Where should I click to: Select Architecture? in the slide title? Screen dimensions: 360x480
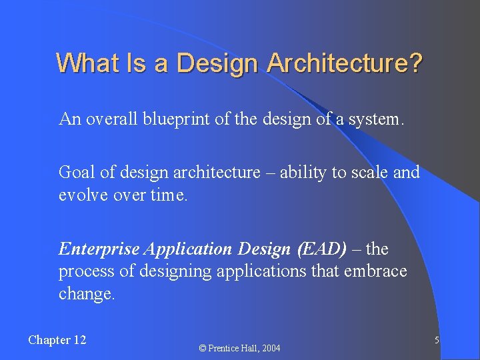pyautogui.click(x=345, y=63)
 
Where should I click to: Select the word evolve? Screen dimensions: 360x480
pyautogui.click(x=81, y=196)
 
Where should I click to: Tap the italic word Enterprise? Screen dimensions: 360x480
pyautogui.click(x=99, y=249)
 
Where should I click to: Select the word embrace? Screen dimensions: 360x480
pyautogui.click(x=376, y=272)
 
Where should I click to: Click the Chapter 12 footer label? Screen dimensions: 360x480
pyautogui.click(x=57, y=340)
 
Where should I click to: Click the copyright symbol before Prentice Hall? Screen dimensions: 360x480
pyautogui.click(x=204, y=348)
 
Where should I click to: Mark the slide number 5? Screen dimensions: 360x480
pyautogui.click(x=436, y=341)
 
